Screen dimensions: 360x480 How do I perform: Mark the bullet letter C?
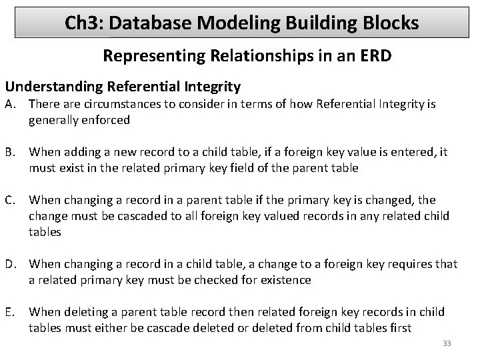pos(11,199)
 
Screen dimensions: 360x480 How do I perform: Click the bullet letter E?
pos(10,312)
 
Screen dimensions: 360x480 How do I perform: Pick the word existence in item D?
pos(285,280)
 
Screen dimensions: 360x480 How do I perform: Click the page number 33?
pos(447,343)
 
